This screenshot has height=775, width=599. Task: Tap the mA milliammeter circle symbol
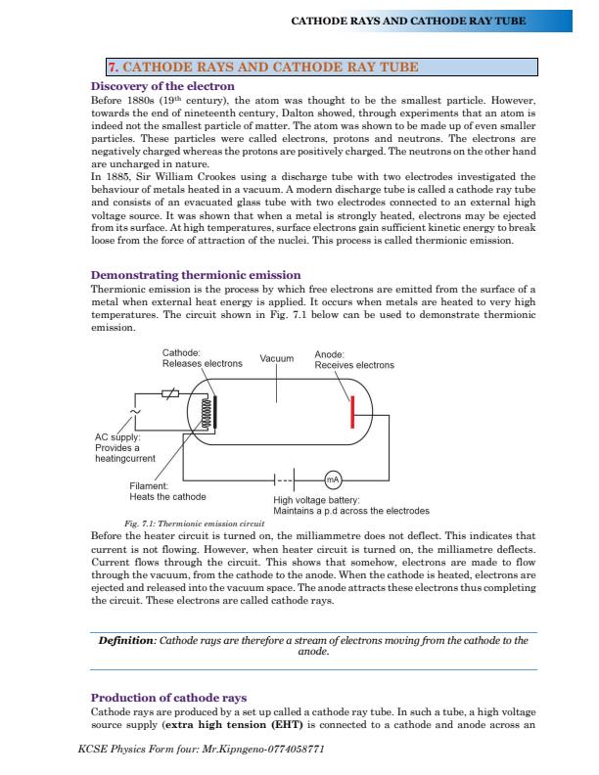click(x=333, y=479)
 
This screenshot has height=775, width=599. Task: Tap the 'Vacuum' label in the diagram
click(x=276, y=359)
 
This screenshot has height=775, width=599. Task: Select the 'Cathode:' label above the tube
click(x=181, y=353)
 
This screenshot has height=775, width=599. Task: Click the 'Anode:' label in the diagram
click(x=329, y=354)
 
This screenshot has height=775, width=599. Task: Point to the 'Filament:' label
click(x=149, y=486)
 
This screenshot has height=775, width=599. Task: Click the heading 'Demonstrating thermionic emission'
click(x=196, y=275)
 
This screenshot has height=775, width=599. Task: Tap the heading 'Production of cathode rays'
click(x=168, y=698)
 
